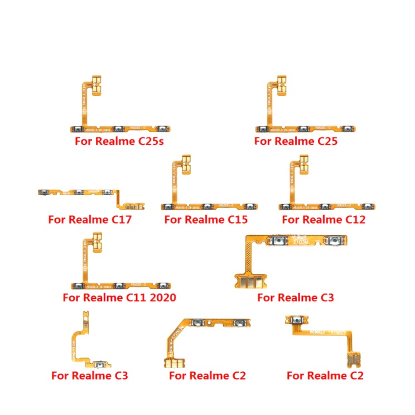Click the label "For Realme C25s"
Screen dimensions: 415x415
coord(119,141)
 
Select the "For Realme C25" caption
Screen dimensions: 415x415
coord(296,141)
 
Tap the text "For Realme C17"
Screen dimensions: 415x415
coord(90,219)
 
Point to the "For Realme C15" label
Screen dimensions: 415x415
coord(206,219)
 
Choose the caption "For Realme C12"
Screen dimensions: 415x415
coord(324,219)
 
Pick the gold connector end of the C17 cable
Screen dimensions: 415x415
coord(134,206)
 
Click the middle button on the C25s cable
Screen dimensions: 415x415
coord(119,129)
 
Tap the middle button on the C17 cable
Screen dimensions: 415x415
coord(77,192)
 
